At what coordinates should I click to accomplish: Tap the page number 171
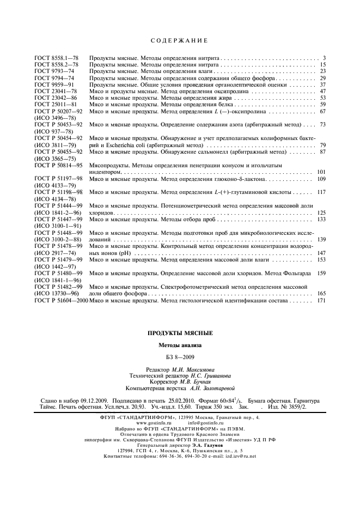(321, 300)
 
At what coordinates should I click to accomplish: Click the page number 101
(321, 172)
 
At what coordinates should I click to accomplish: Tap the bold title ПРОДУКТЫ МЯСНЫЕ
(180, 333)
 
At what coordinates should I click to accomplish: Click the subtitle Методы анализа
(180, 345)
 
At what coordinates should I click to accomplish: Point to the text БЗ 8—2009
(180, 357)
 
